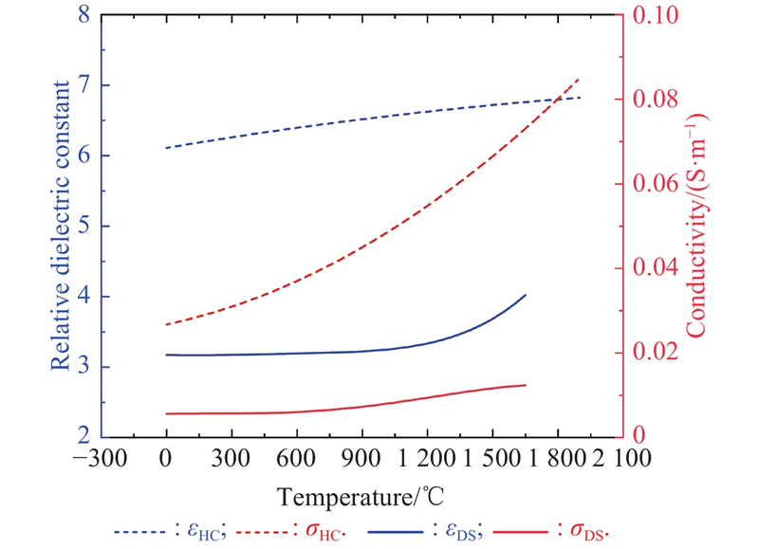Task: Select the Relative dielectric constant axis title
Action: point(62,226)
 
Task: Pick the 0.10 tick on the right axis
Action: point(649,15)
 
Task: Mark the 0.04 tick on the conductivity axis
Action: point(649,268)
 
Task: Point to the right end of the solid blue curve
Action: point(526,295)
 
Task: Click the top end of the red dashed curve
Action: point(580,78)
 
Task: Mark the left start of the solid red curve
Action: point(166,413)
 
